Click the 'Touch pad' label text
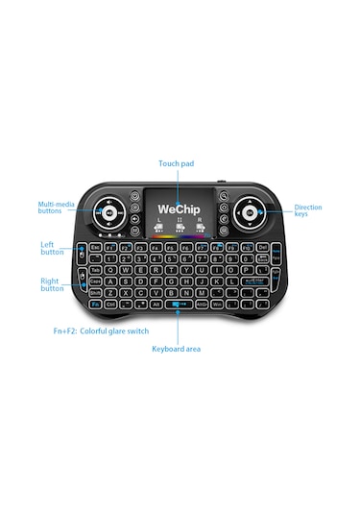point(176,164)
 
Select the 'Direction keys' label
point(308,210)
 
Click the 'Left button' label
point(52,248)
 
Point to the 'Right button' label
point(52,283)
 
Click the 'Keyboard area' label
point(177,348)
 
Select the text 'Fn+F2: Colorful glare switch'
point(101,330)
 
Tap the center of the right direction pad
point(252,212)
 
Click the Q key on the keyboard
point(111,271)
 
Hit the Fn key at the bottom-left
point(97,305)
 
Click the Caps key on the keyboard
point(96,282)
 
